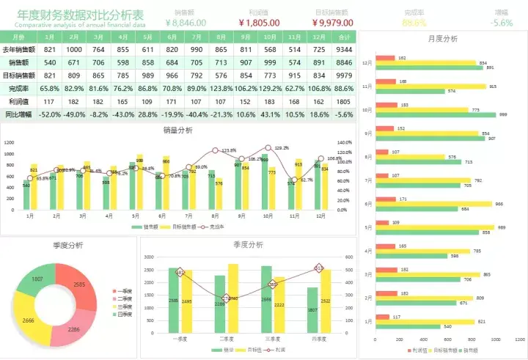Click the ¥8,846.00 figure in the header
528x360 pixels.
(190, 23)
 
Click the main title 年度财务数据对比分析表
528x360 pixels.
(81, 14)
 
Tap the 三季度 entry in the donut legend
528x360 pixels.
(125, 306)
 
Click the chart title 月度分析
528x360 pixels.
(442, 39)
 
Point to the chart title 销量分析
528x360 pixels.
(178, 131)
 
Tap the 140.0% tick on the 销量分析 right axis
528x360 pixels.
(344, 142)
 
